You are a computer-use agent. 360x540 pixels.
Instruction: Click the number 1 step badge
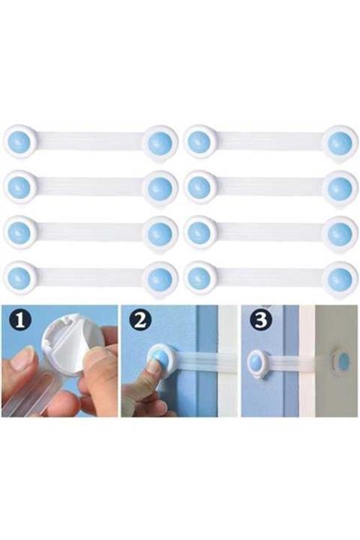(x=19, y=322)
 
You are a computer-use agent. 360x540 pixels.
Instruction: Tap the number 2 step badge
(x=140, y=322)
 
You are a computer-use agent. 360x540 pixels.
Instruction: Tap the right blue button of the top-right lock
(x=340, y=143)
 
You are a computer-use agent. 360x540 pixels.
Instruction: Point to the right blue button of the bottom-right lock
(x=340, y=278)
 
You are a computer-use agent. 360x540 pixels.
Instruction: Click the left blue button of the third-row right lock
(x=199, y=232)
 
